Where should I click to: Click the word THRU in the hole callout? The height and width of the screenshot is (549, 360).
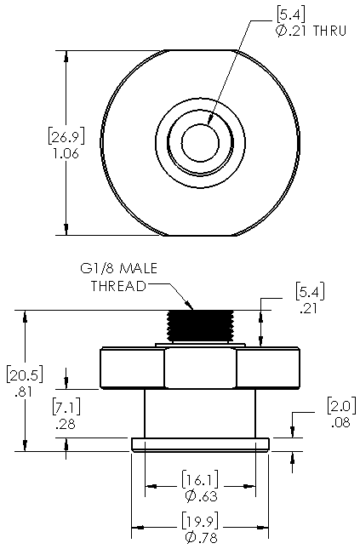coord(329,31)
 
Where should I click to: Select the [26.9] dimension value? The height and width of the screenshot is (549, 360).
coord(66,136)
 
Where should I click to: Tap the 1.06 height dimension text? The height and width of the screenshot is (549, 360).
coord(66,154)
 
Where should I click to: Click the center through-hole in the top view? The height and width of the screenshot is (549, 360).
coord(200,142)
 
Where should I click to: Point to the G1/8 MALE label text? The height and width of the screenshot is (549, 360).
coord(118,269)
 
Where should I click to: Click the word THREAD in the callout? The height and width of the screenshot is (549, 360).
coord(118,286)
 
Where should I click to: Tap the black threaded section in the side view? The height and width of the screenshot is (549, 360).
coord(200,326)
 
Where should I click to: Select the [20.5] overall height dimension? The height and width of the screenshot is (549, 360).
coord(25,375)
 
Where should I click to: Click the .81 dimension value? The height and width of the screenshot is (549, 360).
coord(23,392)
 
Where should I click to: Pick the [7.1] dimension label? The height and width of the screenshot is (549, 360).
coord(66,406)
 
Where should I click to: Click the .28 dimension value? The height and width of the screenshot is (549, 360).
coord(66,424)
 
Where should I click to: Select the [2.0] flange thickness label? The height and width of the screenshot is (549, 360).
coord(341,405)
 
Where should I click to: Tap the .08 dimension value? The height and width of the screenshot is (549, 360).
coord(340,422)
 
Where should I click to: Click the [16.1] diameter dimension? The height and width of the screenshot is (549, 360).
coord(200,480)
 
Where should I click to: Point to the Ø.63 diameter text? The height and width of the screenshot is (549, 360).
coord(202,496)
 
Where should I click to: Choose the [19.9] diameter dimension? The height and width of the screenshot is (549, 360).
coord(200,520)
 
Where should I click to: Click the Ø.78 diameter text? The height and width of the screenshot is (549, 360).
coord(202,537)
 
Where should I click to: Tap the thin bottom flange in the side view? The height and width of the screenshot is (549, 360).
coord(200,444)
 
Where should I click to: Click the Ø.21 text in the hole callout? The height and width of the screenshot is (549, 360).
coord(291,31)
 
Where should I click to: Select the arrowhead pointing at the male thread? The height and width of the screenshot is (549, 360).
coord(189,305)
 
